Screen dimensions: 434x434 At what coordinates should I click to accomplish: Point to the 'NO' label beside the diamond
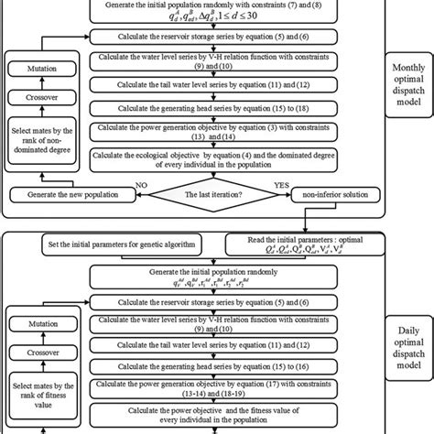click(x=139, y=184)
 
